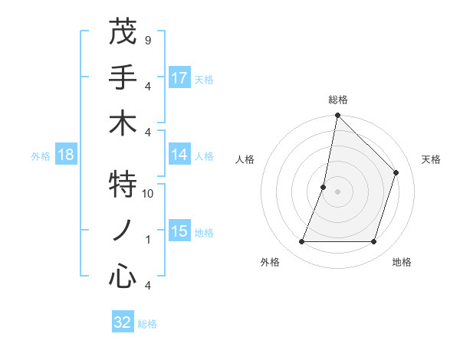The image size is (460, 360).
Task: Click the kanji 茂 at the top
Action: point(123,33)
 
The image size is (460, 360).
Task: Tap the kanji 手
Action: point(123,78)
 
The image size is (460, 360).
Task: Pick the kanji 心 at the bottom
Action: point(123,276)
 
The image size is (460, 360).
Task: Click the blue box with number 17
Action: point(179,78)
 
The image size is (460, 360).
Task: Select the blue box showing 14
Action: point(179,155)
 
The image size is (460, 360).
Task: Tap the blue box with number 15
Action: point(179,231)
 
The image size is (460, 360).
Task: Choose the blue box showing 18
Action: point(66,155)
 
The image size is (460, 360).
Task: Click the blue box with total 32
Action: point(123,322)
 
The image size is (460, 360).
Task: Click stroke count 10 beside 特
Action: point(148,194)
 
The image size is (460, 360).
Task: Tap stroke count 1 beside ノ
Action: point(148,240)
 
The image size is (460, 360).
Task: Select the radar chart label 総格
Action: point(337,100)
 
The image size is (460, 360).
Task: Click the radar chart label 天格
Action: point(431,159)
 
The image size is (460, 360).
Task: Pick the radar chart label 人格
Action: point(245,159)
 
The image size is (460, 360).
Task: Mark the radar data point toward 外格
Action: point(301,242)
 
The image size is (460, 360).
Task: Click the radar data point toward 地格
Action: point(373,242)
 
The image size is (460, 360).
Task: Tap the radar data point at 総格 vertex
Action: point(337,116)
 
